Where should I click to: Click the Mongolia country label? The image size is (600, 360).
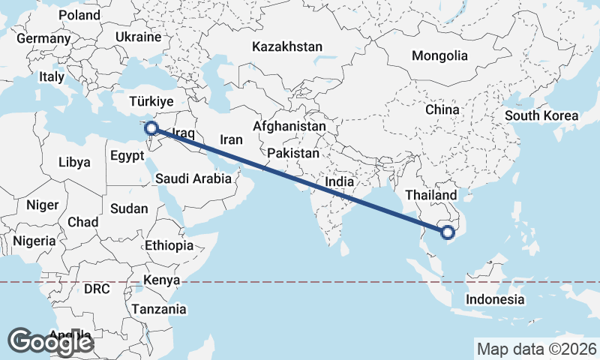(439, 55)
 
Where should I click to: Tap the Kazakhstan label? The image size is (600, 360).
(287, 46)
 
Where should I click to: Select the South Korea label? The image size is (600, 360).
(541, 115)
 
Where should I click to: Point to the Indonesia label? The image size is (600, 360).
(494, 299)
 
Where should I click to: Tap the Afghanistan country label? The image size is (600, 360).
(289, 127)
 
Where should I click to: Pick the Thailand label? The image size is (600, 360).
(430, 195)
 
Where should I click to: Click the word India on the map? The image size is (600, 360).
(339, 181)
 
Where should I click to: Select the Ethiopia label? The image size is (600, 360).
(169, 245)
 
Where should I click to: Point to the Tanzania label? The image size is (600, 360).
(159, 309)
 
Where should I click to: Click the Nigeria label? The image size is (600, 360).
(34, 241)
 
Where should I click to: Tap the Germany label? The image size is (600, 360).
(43, 38)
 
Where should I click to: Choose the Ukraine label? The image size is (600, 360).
(139, 37)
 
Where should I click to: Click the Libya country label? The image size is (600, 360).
(74, 162)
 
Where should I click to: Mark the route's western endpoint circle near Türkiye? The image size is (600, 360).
(151, 128)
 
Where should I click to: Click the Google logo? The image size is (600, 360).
(50, 342)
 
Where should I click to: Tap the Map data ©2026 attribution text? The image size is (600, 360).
(537, 349)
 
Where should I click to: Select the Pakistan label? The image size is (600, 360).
(293, 154)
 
